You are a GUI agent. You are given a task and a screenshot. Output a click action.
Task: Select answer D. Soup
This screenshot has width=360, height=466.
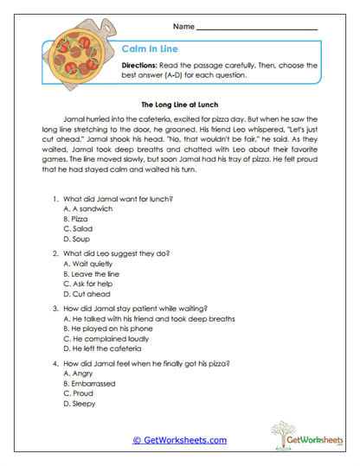click(79, 239)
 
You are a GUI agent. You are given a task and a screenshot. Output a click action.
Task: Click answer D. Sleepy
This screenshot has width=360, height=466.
click(81, 402)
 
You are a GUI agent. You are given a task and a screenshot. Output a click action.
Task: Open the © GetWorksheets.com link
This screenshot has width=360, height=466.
click(179, 439)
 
